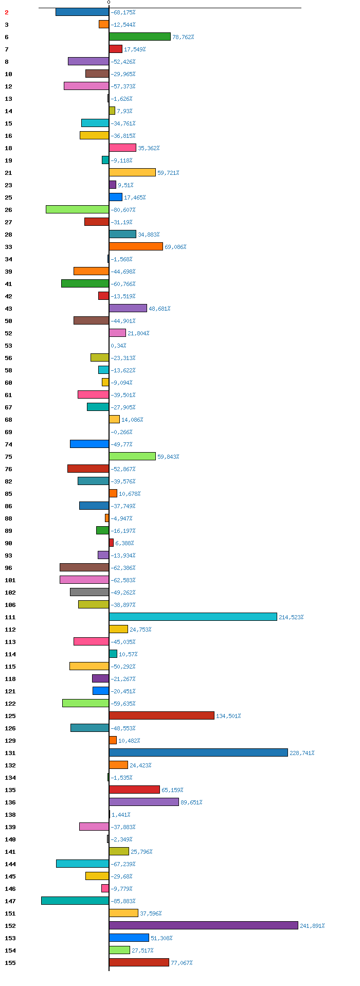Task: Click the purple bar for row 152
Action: point(204,925)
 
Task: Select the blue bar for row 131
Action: point(199,752)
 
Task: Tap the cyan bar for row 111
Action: point(193,617)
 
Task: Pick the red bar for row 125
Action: point(161,715)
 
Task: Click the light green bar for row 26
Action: point(77,209)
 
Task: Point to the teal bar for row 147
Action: point(75,901)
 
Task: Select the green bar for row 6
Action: point(140,37)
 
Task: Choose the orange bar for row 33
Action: point(136,246)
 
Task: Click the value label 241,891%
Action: point(312,926)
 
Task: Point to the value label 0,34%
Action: point(118,346)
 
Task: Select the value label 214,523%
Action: point(291,617)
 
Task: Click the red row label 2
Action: point(7,12)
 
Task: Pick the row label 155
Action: point(10,963)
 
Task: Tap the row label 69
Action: point(9,432)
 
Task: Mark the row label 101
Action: point(10,580)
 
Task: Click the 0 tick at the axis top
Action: point(109,3)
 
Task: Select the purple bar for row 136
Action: point(144,802)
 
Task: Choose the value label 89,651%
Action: point(191,802)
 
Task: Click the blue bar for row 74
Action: point(89,444)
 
